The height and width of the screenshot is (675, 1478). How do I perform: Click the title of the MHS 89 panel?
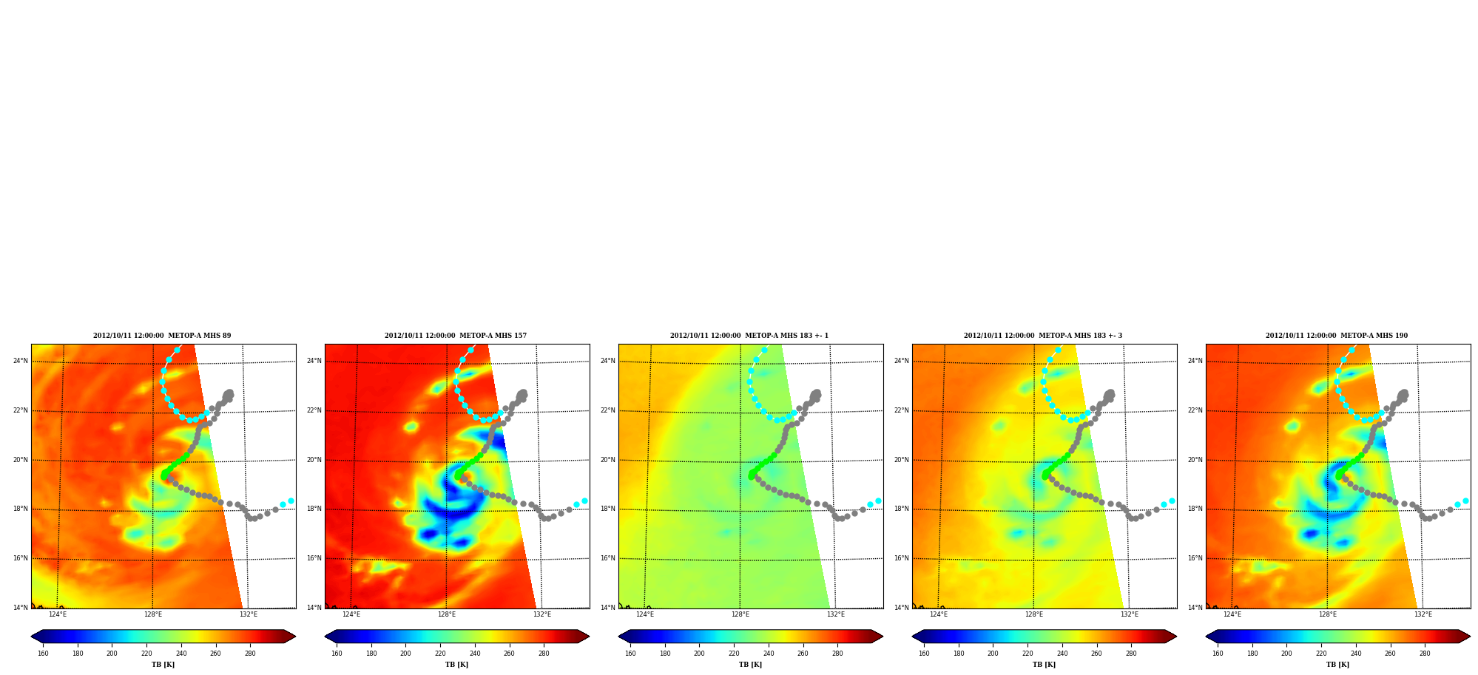click(162, 336)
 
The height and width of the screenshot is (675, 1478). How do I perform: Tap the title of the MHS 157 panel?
click(456, 336)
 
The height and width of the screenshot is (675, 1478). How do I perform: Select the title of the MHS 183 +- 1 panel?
click(749, 336)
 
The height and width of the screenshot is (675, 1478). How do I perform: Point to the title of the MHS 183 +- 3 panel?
click(1043, 336)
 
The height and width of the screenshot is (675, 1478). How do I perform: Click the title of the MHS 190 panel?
click(1337, 336)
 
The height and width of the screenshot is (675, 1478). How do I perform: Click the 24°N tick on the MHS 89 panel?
click(21, 361)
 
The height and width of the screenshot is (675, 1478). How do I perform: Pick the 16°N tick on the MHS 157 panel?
click(314, 558)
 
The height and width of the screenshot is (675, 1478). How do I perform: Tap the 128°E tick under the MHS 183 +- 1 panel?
click(740, 614)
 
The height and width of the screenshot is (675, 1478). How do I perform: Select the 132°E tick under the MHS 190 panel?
click(1423, 614)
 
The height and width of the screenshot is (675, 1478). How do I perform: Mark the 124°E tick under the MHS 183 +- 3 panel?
click(939, 614)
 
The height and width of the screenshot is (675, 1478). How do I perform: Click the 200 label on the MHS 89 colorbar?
click(112, 654)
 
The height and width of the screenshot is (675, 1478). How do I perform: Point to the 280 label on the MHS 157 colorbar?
click(544, 654)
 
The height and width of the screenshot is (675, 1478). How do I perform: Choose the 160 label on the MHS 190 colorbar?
click(1218, 654)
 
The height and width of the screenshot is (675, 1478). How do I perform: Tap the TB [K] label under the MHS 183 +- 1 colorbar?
click(750, 665)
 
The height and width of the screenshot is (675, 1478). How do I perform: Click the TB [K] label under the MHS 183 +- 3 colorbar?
click(1044, 665)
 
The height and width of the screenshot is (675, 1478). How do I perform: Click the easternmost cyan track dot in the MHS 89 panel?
click(291, 501)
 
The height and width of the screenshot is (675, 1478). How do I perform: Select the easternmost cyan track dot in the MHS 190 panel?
click(1465, 501)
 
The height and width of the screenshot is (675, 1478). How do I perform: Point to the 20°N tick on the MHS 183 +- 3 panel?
click(902, 460)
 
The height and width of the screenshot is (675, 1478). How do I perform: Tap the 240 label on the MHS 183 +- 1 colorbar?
click(769, 654)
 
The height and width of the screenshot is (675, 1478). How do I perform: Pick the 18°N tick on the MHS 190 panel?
click(1195, 509)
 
